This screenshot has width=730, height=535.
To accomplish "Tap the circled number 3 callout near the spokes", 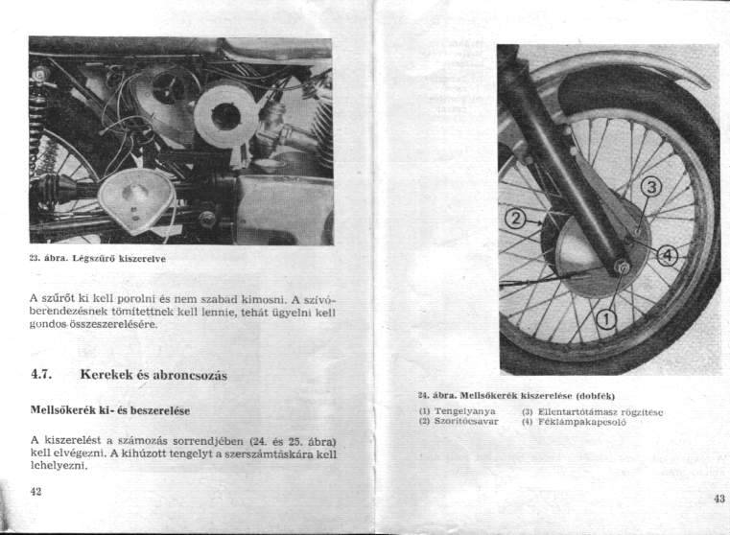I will pyautogui.click(x=650, y=187).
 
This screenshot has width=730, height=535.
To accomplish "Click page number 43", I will pyautogui.click(x=719, y=498).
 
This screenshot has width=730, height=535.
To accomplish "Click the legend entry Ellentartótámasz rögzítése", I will pyautogui.click(x=601, y=410).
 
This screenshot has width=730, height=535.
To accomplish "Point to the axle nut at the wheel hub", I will pyautogui.click(x=623, y=267).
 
